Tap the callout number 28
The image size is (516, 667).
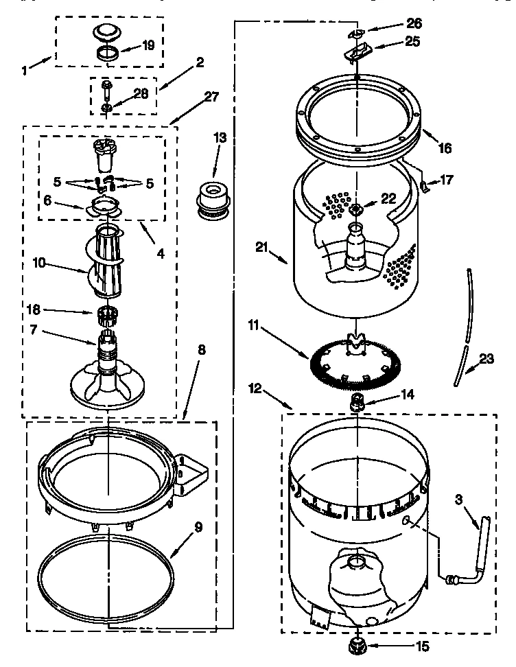tap(141, 93)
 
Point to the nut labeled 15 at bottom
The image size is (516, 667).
tap(357, 646)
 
